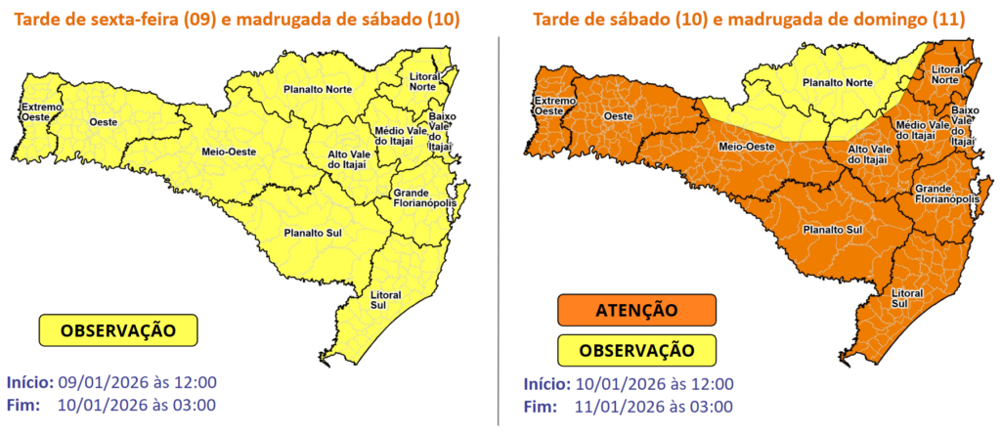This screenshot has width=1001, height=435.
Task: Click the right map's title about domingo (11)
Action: (748, 20)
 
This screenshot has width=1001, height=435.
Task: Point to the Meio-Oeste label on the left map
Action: (222, 151)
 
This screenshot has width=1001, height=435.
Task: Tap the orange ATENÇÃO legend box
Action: (636, 311)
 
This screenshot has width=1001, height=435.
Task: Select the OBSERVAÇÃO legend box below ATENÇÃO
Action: (636, 350)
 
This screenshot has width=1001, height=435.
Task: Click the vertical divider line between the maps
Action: (500, 225)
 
